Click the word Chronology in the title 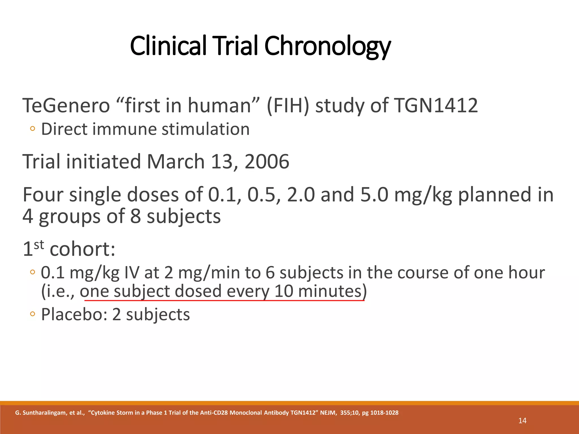327,46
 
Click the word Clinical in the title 168,46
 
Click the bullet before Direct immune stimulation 33,129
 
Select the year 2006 267,162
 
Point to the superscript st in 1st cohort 39,245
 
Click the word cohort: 83,249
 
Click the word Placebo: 74,314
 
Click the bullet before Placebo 33,314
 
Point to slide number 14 522,421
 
